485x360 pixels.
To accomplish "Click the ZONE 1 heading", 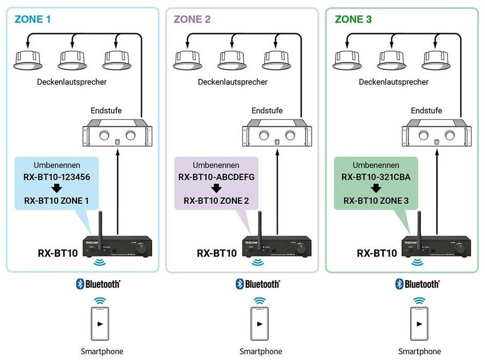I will [33, 20].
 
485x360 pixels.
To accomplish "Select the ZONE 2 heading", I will [193, 20].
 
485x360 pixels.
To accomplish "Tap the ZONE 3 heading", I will [353, 20].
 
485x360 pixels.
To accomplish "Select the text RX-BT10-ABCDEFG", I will [216, 178].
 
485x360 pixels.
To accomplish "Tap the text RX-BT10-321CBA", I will [376, 178].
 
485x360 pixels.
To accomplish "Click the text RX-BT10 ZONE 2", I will [216, 201].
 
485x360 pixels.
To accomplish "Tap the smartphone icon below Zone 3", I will [419, 323].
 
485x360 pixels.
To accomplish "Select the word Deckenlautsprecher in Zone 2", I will [233, 82].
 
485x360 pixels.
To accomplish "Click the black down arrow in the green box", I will [376, 189].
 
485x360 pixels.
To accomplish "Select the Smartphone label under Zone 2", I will [261, 351].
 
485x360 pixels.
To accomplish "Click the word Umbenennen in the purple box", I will [216, 166].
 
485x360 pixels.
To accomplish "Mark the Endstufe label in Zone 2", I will [267, 110].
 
